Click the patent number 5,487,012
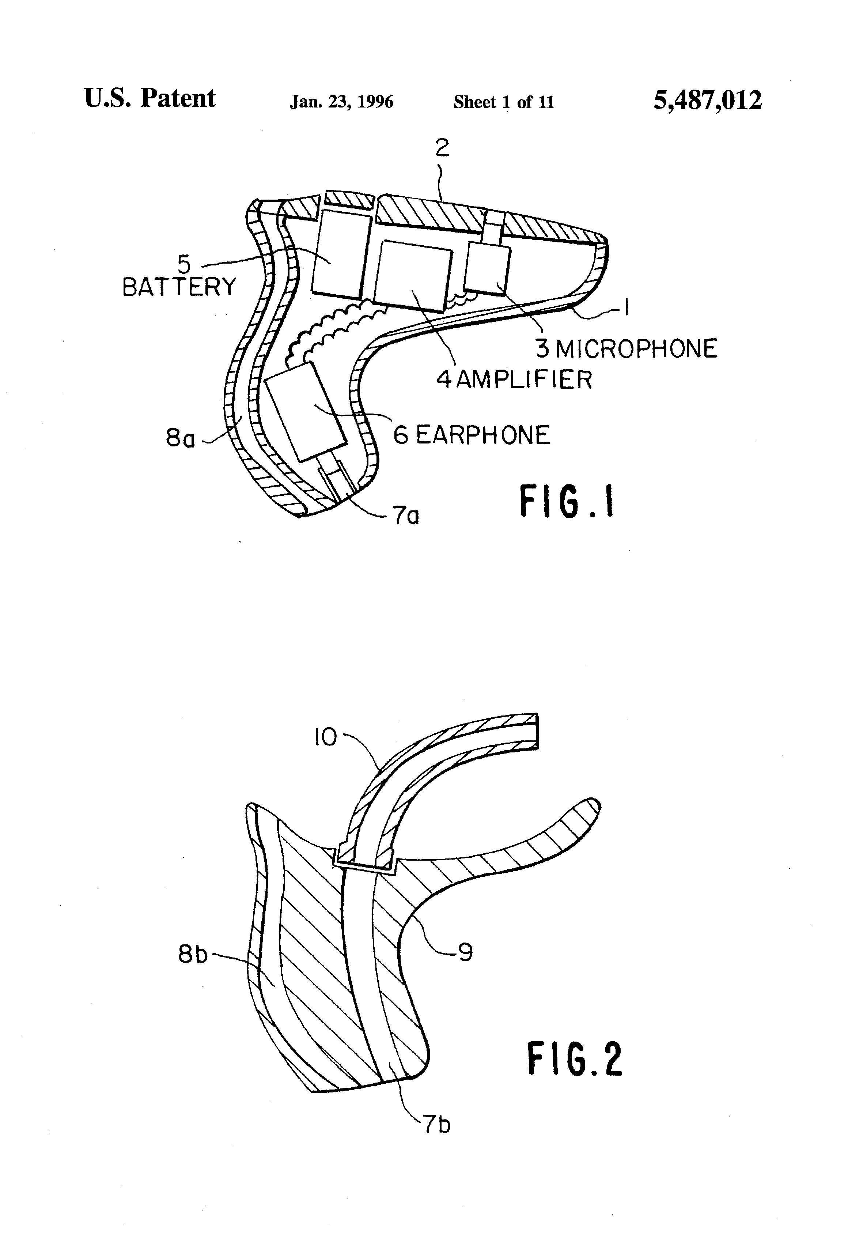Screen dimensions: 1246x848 tap(707, 100)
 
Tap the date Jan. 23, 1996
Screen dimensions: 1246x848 tap(341, 102)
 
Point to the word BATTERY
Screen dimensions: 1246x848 tap(179, 287)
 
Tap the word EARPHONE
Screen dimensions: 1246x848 tap(482, 435)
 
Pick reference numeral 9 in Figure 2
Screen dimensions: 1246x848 tap(465, 952)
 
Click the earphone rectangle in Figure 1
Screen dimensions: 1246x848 tap(306, 411)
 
